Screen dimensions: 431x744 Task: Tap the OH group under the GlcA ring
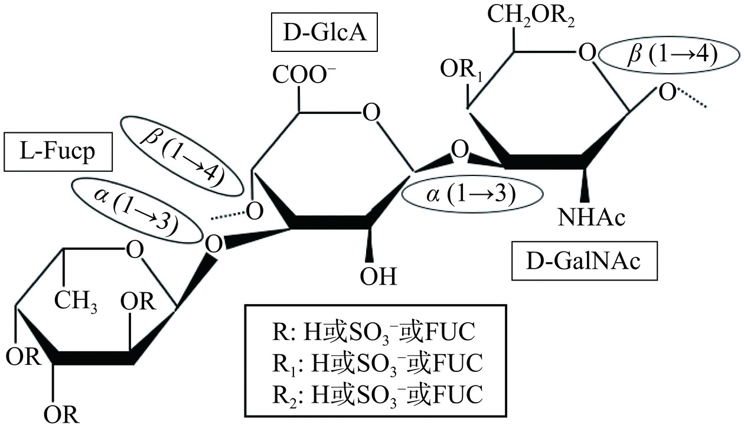(380, 275)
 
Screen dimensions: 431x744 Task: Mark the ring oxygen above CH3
(134, 250)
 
